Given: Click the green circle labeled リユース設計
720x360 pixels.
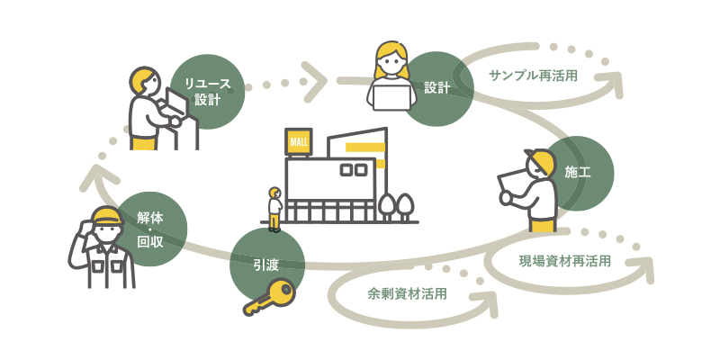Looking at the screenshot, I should click(x=207, y=92).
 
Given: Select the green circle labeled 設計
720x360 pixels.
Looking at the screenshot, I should click(x=438, y=87).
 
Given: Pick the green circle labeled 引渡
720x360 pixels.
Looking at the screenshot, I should click(x=267, y=264).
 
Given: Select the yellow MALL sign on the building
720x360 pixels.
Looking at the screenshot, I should click(x=298, y=142).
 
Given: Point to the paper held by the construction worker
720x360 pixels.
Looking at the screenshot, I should click(x=515, y=183).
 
